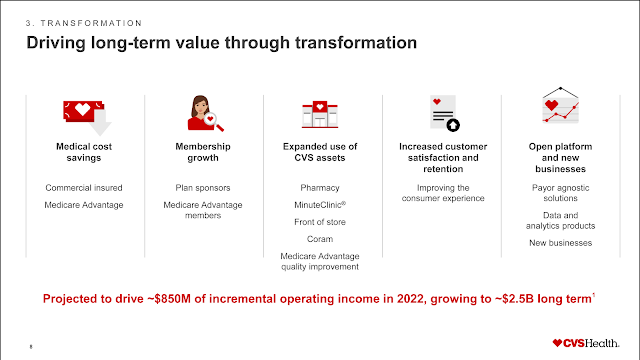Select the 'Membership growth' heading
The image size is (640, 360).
[203, 152]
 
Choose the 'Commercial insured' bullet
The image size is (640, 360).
[84, 187]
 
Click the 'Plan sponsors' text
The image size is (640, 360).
[203, 187]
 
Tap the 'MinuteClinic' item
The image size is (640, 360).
[320, 204]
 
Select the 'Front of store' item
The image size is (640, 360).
[320, 222]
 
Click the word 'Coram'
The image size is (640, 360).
[320, 239]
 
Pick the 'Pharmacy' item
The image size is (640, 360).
[320, 187]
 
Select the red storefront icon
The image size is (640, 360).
[319, 113]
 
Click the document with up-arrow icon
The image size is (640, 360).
[441, 113]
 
